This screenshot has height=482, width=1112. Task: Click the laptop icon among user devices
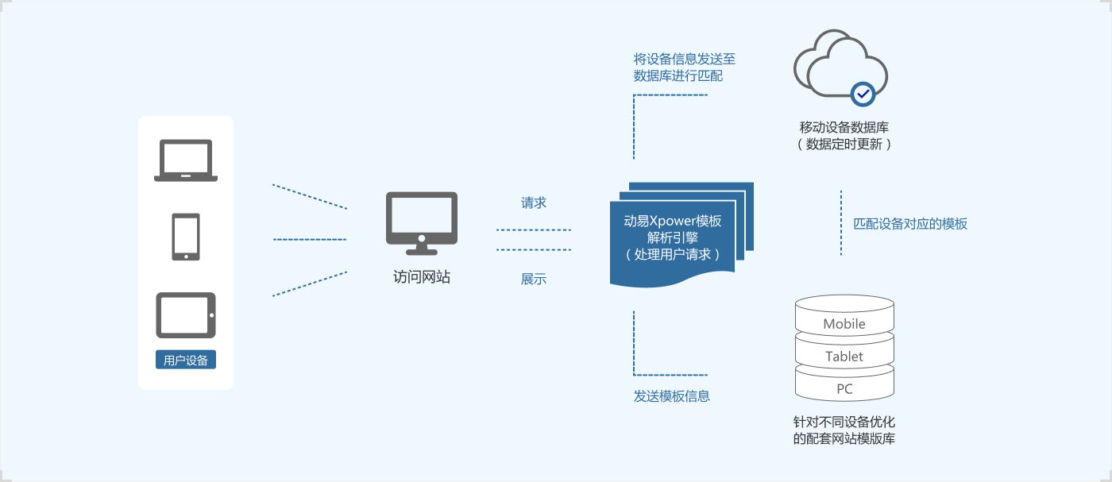186,160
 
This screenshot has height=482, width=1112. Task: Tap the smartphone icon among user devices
186,237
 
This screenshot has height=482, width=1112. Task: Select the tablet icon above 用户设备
186,315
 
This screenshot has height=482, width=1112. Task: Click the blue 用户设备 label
186,360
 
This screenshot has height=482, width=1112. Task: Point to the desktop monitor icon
421,222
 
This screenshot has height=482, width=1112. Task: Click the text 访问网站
422,277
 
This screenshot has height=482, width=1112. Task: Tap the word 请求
534,202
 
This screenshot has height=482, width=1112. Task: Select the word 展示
534,279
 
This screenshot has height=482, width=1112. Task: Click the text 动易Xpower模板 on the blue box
673,221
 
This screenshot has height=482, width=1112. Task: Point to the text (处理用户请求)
673,254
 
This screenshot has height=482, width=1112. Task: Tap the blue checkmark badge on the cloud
863,94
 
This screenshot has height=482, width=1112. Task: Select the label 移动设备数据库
844,127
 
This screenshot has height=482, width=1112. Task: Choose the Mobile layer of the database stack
844,324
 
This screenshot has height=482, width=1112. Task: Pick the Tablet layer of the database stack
844,357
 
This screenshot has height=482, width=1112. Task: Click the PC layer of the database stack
844,389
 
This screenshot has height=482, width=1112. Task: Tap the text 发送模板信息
672,395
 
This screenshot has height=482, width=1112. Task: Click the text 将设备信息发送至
685,59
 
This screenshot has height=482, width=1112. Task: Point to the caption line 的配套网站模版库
844,438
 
